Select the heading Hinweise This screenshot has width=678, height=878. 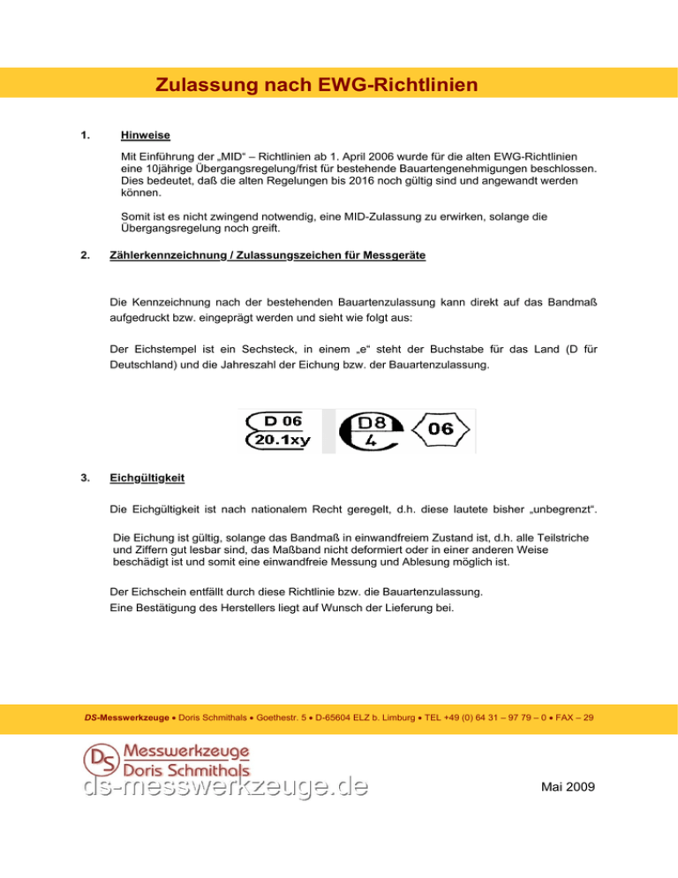pos(146,136)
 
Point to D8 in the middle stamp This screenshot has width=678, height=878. pos(372,421)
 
